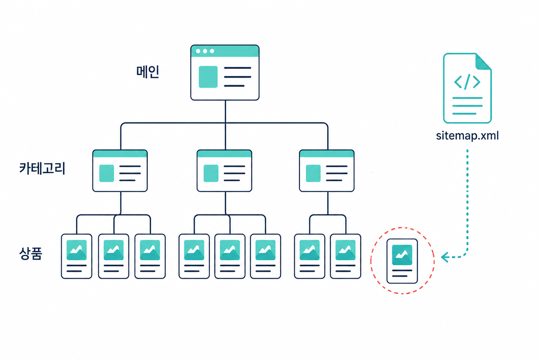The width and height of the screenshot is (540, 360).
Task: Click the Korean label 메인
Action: coord(148,72)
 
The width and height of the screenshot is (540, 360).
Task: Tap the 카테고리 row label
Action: coord(42,168)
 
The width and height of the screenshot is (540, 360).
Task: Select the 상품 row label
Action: coord(31,253)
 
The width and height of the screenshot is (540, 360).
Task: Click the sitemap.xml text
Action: coord(467,136)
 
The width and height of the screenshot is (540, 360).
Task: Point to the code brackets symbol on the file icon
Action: coord(467,82)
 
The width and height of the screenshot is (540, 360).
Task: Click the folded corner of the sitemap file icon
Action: coord(483,62)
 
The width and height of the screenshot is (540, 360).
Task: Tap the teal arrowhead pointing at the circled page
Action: coord(445,257)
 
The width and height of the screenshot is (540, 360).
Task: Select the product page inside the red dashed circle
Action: coord(402,261)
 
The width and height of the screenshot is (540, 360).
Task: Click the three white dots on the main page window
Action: coord(205,51)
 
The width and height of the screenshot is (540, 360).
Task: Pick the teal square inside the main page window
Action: coord(208,77)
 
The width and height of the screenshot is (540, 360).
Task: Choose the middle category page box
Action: coord(224,171)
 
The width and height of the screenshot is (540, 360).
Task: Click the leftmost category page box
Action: coord(120,171)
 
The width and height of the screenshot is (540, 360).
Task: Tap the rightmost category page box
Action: coord(327,171)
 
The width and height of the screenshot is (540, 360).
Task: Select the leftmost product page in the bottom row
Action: coord(77,256)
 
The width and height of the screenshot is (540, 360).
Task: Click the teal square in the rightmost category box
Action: coord(313,173)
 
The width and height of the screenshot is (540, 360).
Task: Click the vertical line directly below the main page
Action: coord(225,112)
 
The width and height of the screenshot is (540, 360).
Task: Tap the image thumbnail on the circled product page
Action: coord(402,255)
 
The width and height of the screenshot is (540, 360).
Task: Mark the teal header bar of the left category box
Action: coord(120,154)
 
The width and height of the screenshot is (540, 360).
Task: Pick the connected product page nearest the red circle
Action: coord(346,256)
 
